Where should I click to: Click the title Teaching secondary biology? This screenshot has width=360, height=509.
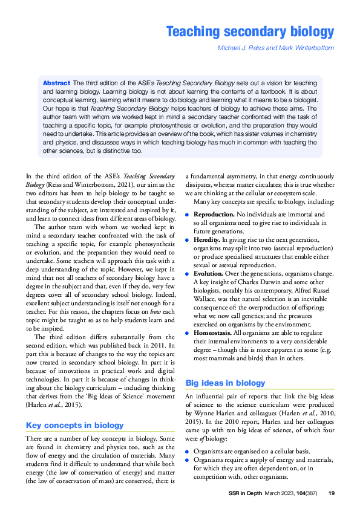tap(250, 31)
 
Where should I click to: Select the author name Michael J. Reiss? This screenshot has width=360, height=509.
tap(241, 48)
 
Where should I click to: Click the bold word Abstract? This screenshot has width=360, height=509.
tap(56, 82)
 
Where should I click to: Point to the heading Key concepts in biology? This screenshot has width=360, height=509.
tap(74, 425)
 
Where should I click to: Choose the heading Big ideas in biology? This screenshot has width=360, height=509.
tap(224, 383)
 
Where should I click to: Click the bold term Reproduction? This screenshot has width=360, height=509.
tap(214, 215)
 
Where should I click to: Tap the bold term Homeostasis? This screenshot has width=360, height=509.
tap(216, 332)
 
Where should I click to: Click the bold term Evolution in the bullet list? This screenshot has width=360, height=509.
tap(210, 273)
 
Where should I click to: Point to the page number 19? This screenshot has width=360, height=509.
tap(331, 493)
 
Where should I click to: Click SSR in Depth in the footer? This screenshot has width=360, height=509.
tap(246, 493)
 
